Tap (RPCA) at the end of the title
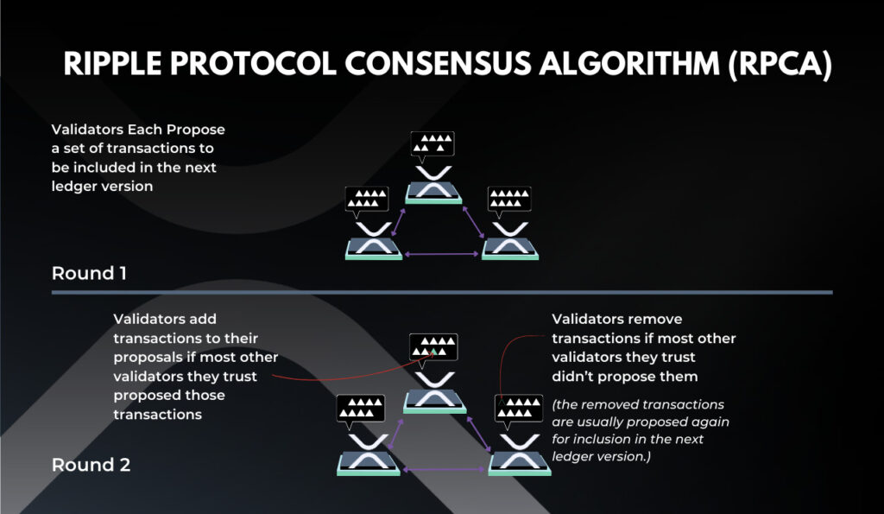click(x=780, y=64)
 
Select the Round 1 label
click(x=89, y=274)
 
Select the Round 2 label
click(x=91, y=465)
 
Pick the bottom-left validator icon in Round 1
click(x=374, y=241)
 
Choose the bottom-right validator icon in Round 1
click(x=510, y=241)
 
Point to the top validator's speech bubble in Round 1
click(x=433, y=145)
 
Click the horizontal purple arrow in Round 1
click(x=441, y=255)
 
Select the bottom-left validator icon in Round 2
click(x=369, y=454)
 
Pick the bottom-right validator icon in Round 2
click(x=520, y=454)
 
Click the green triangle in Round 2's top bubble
click(x=433, y=352)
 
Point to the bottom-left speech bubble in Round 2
click(x=361, y=409)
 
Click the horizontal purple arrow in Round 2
click(x=444, y=469)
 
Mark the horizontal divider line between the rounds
click(x=442, y=292)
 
